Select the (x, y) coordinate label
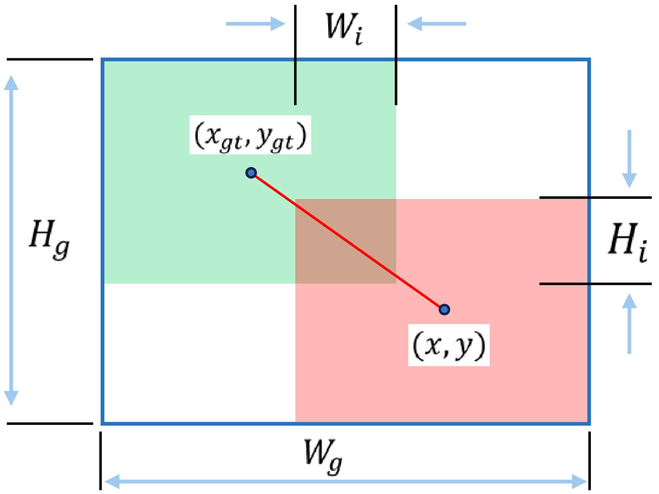click(x=449, y=345)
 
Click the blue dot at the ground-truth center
click(x=251, y=173)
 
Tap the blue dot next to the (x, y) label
click(x=444, y=310)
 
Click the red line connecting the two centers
click(x=348, y=241)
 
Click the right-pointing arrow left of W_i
click(x=255, y=24)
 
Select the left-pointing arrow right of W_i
click(x=436, y=24)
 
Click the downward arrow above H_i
click(x=629, y=159)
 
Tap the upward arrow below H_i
click(x=629, y=323)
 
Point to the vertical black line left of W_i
click(x=295, y=55)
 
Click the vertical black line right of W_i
click(x=396, y=55)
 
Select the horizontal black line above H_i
click(x=595, y=197)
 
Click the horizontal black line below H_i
click(x=595, y=283)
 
